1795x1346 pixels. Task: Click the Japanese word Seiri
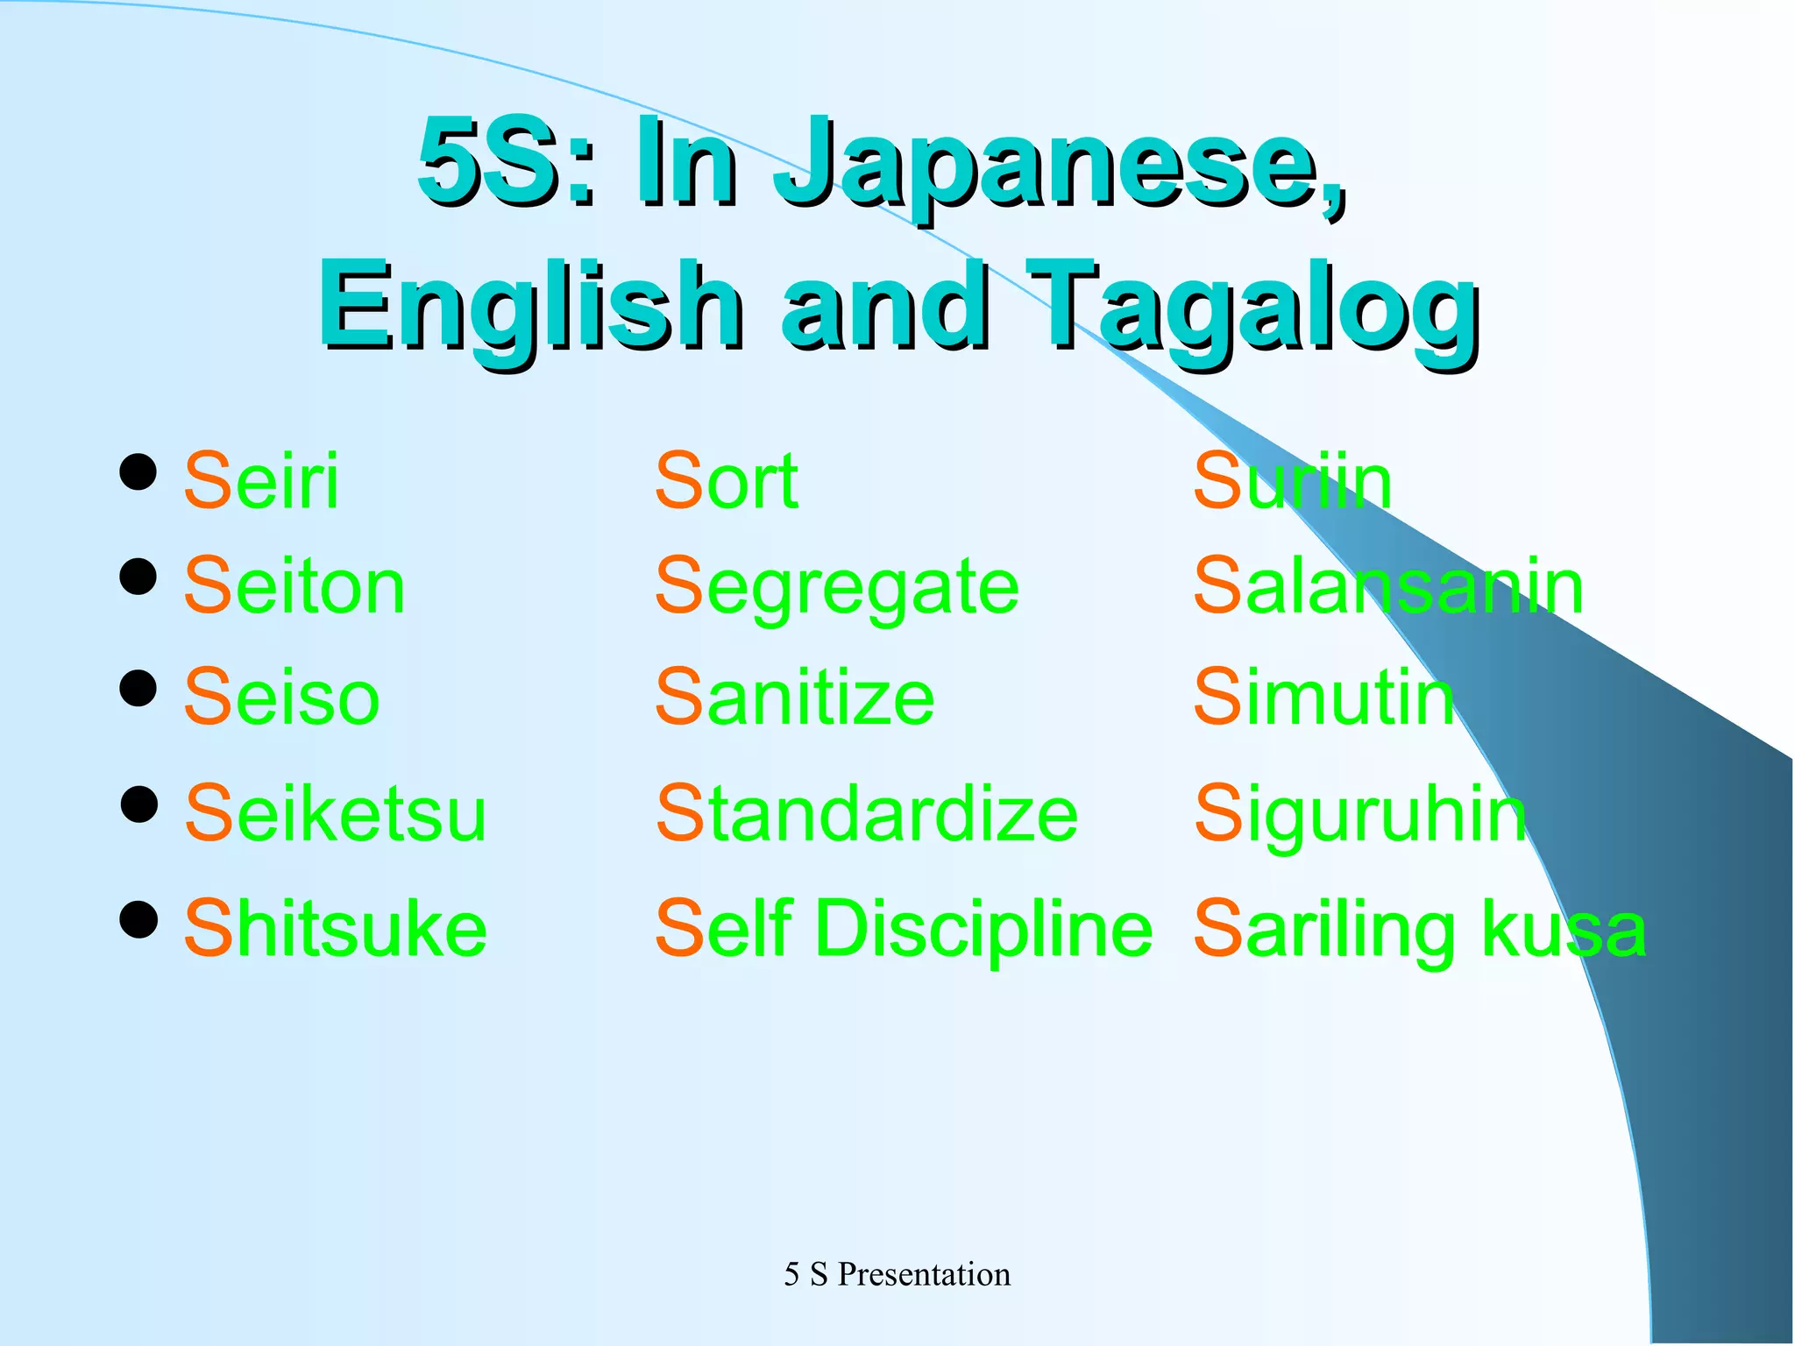[x=261, y=481]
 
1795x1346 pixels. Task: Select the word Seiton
[x=294, y=586]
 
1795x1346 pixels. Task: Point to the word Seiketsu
[x=335, y=814]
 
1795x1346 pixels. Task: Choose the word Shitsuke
[x=335, y=929]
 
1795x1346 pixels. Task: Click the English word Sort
[x=727, y=481]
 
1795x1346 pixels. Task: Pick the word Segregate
[x=837, y=588]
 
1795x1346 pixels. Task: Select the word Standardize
[x=867, y=814]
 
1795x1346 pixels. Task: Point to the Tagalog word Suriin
[x=1292, y=481]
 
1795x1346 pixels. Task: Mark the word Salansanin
[x=1388, y=586]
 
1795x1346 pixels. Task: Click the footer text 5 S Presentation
[x=897, y=1274]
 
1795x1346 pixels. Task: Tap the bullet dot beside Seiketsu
[x=138, y=804]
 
